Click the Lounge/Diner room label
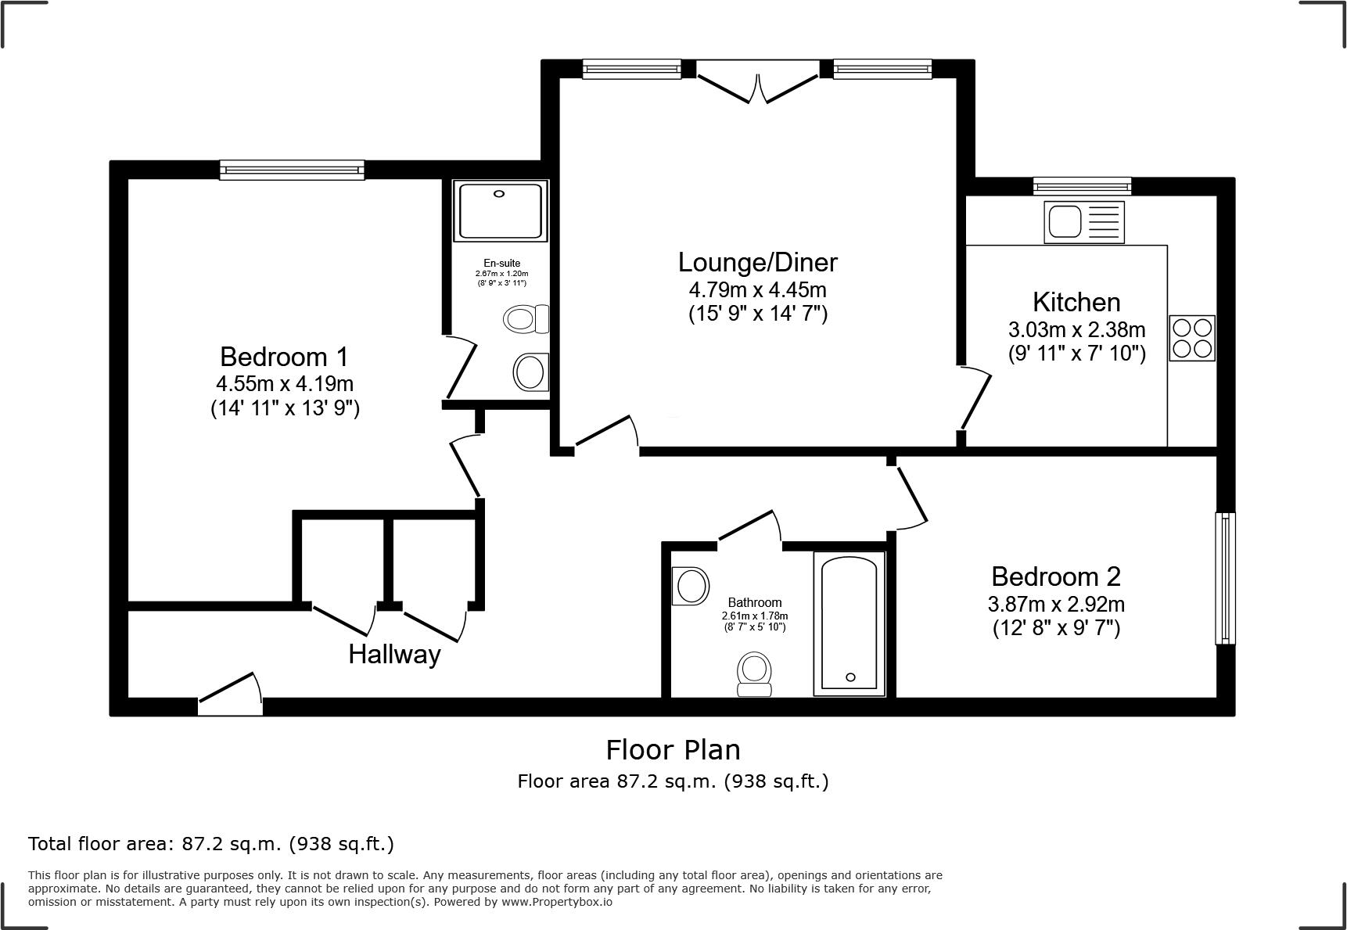(x=757, y=262)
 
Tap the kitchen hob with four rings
(x=1192, y=338)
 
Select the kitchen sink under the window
(x=1083, y=221)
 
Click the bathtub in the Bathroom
(x=850, y=623)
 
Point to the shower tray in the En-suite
(x=501, y=210)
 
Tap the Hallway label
(x=394, y=654)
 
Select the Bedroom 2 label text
(x=1055, y=576)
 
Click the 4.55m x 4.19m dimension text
(x=285, y=384)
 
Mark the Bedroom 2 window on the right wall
(x=1224, y=578)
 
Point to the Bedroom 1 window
(x=292, y=170)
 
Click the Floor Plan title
(x=673, y=750)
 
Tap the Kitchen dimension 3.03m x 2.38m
(x=1076, y=329)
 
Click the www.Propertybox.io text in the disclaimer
(x=557, y=902)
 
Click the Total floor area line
(x=211, y=844)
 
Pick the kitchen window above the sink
(x=1082, y=186)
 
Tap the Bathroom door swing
(x=749, y=526)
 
